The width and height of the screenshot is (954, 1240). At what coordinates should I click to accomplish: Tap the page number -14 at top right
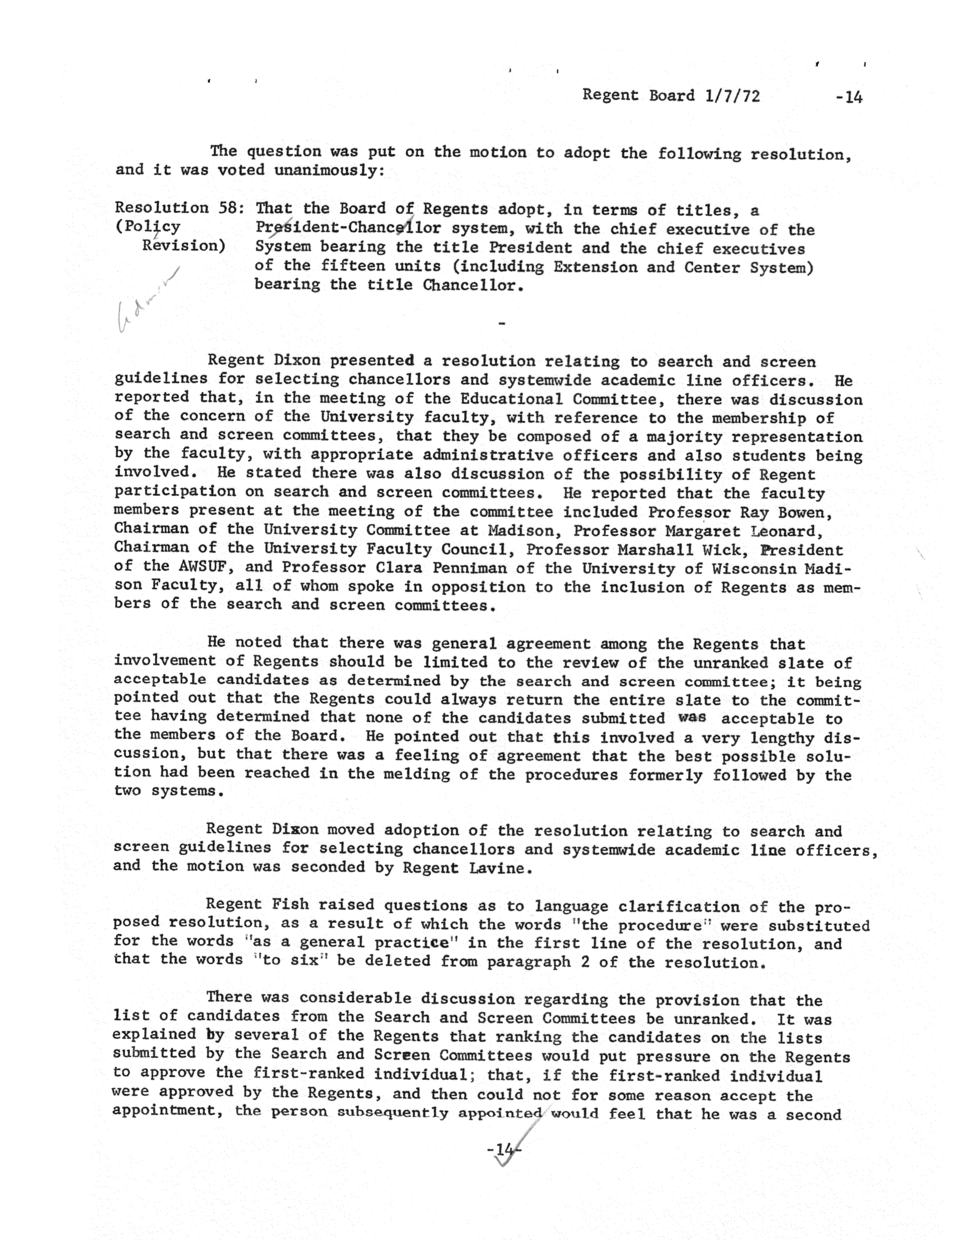point(849,98)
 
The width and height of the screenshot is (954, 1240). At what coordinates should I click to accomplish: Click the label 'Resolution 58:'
point(179,208)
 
